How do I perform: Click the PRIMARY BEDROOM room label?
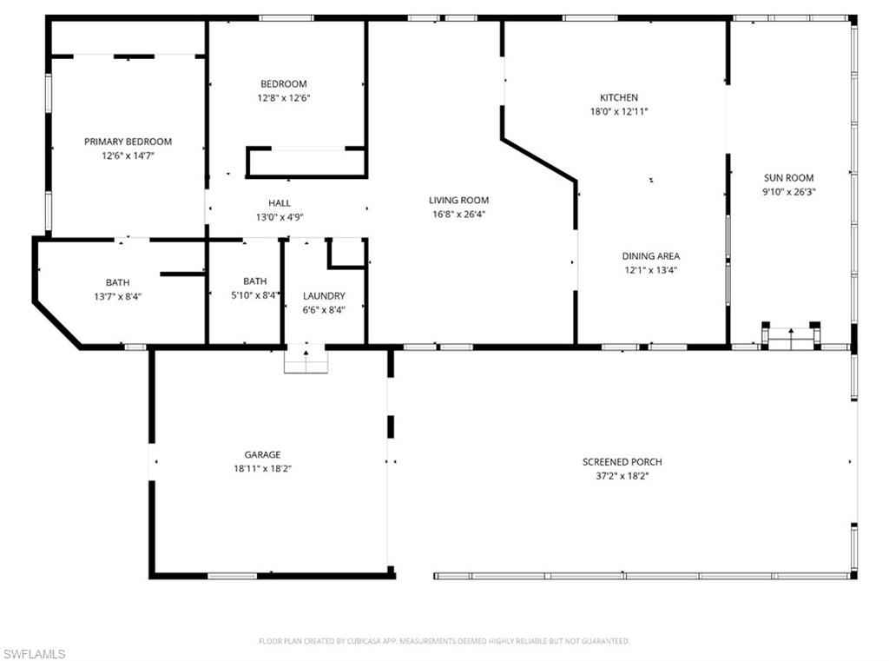pyautogui.click(x=128, y=142)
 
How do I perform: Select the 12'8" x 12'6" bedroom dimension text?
pyautogui.click(x=284, y=97)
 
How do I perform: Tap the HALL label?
pyautogui.click(x=280, y=203)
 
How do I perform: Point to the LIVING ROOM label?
pyautogui.click(x=458, y=201)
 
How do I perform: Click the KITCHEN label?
pyautogui.click(x=619, y=97)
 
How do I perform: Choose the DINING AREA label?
pyautogui.click(x=651, y=256)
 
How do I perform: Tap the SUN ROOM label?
pyautogui.click(x=788, y=177)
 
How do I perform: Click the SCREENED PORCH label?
pyautogui.click(x=622, y=462)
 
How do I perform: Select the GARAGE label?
pyautogui.click(x=262, y=454)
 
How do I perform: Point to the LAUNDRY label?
pyautogui.click(x=324, y=295)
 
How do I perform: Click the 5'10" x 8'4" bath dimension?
pyautogui.click(x=255, y=295)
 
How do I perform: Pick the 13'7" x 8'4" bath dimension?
pyautogui.click(x=117, y=296)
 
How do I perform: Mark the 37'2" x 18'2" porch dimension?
pyautogui.click(x=622, y=476)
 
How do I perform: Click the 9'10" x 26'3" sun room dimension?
pyautogui.click(x=788, y=192)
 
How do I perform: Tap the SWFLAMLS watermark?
pyautogui.click(x=34, y=654)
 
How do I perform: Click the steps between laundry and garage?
pyautogui.click(x=306, y=359)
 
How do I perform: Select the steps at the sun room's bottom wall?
pyautogui.click(x=790, y=336)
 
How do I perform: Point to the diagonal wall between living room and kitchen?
pyautogui.click(x=538, y=159)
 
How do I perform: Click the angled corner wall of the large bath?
pyautogui.click(x=56, y=324)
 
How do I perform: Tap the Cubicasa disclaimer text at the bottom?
pyautogui.click(x=444, y=641)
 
